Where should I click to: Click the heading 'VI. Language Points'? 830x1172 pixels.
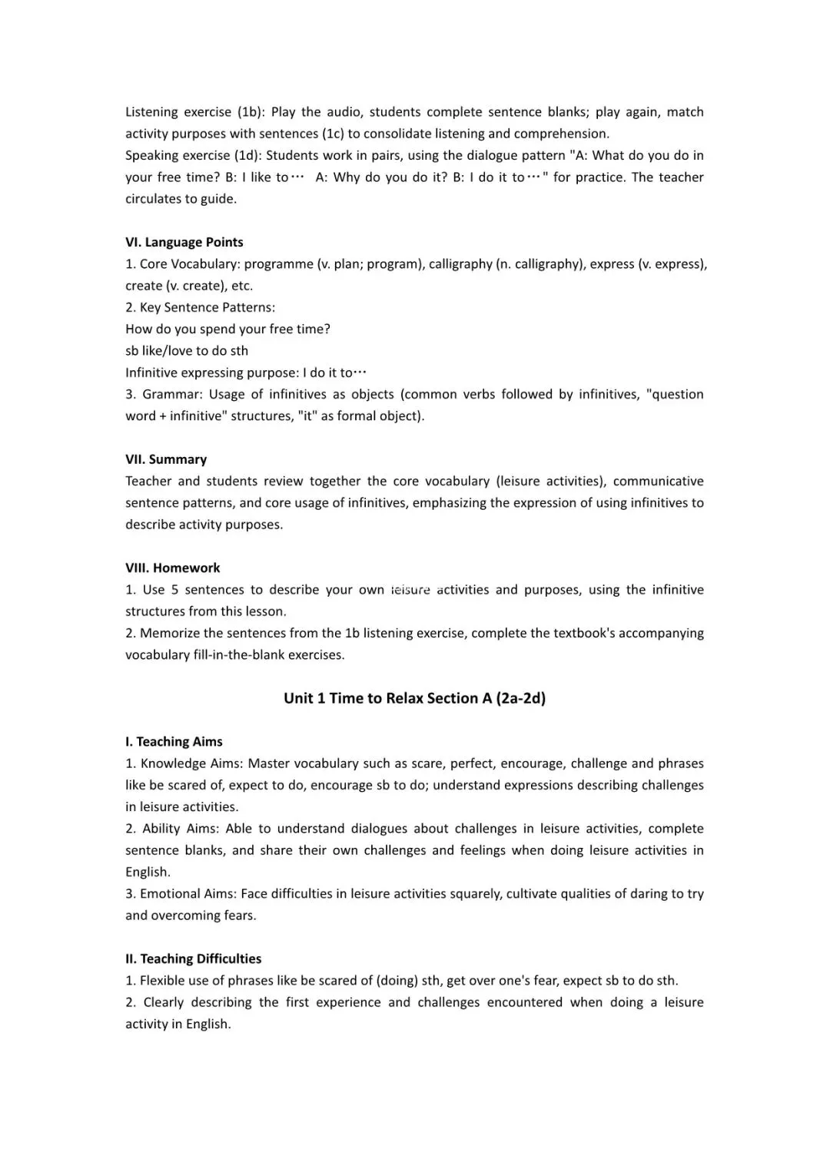184,242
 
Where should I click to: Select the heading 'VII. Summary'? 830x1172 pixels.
166,459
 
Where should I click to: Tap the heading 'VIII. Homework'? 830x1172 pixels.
173,568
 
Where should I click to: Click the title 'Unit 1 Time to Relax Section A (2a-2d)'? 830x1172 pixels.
414,698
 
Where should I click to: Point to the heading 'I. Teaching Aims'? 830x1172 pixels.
174,741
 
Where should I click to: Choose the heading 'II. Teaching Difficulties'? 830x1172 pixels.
193,958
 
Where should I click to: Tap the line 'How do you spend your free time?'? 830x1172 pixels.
227,329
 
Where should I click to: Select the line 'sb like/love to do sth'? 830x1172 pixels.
187,350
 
